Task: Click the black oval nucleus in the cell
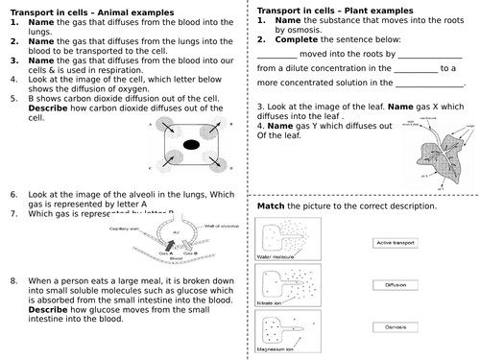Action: tap(192, 145)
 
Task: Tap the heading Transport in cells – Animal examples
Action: tap(87, 9)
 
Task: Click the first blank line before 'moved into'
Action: tap(277, 57)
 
